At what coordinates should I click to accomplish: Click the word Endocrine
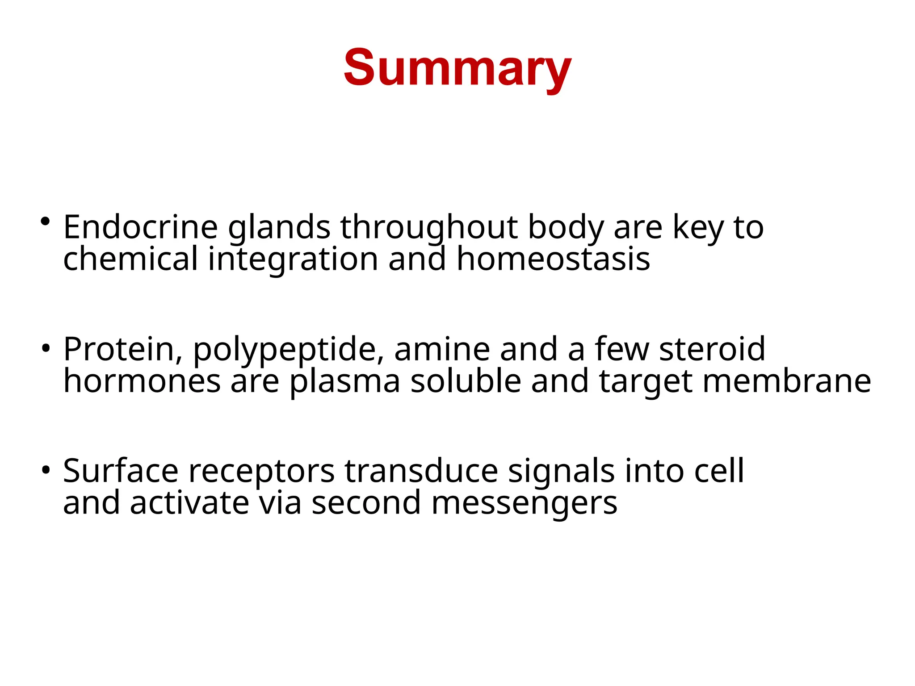point(140,227)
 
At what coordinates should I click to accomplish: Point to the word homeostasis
point(553,259)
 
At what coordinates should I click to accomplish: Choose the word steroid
point(712,349)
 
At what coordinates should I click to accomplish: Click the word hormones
point(142,381)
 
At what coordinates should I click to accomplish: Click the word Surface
point(121,471)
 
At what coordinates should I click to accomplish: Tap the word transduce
point(421,471)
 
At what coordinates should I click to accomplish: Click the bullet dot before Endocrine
point(45,221)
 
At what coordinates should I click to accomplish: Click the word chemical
point(130,259)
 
